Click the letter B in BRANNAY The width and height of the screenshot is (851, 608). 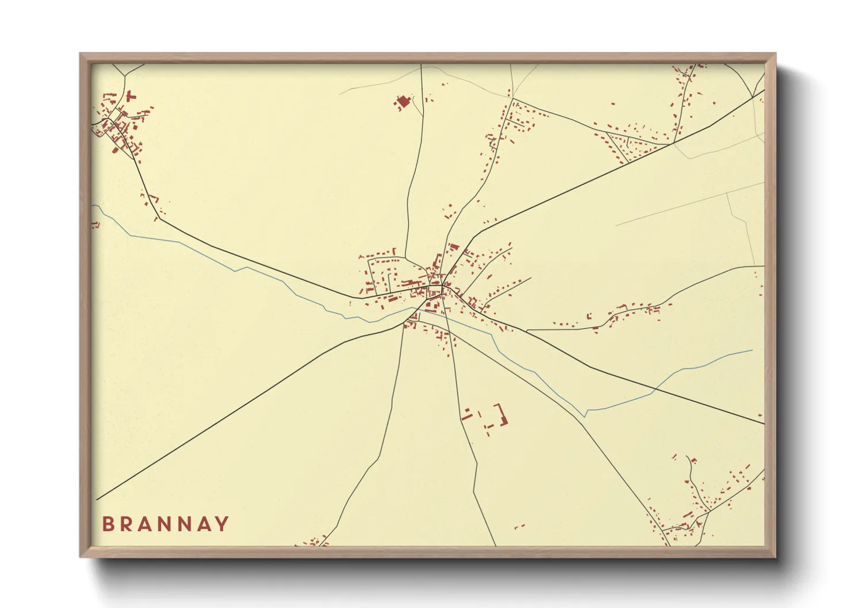pyautogui.click(x=108, y=524)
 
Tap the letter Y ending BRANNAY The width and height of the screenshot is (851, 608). pyautogui.click(x=222, y=524)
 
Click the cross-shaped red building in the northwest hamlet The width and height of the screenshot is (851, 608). pyautogui.click(x=130, y=96)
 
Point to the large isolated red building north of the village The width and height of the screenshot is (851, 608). pyautogui.click(x=402, y=103)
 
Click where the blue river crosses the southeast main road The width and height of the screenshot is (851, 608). pyautogui.click(x=655, y=390)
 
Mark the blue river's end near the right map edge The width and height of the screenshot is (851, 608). pyautogui.click(x=752, y=350)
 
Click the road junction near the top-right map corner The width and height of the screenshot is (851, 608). pyautogui.click(x=752, y=97)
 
